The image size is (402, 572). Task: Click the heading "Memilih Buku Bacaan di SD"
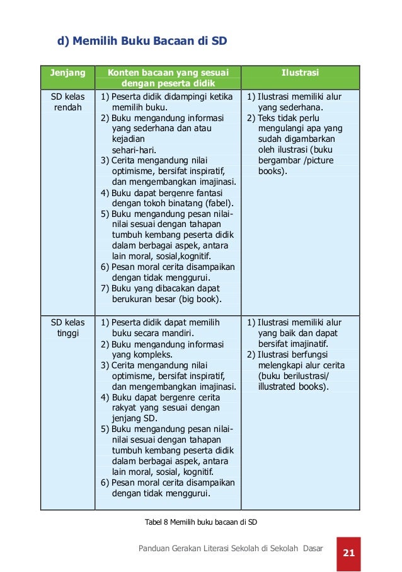click(149, 42)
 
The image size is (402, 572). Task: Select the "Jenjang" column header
click(67, 73)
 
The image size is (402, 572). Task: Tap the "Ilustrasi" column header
click(300, 73)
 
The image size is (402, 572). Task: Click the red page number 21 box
click(348, 553)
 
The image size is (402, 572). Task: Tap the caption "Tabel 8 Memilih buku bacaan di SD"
click(201, 522)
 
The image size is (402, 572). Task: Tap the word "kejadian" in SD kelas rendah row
click(128, 139)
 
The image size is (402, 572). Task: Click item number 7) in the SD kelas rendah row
click(105, 289)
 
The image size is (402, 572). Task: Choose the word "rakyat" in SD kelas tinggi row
click(125, 408)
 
